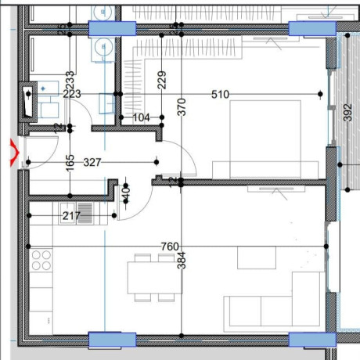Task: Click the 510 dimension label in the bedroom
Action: tap(220, 95)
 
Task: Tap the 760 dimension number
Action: tap(169, 247)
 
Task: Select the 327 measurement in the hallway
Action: tap(92, 163)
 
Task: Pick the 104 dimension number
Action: tap(142, 118)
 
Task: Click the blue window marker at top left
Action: tap(110, 29)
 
